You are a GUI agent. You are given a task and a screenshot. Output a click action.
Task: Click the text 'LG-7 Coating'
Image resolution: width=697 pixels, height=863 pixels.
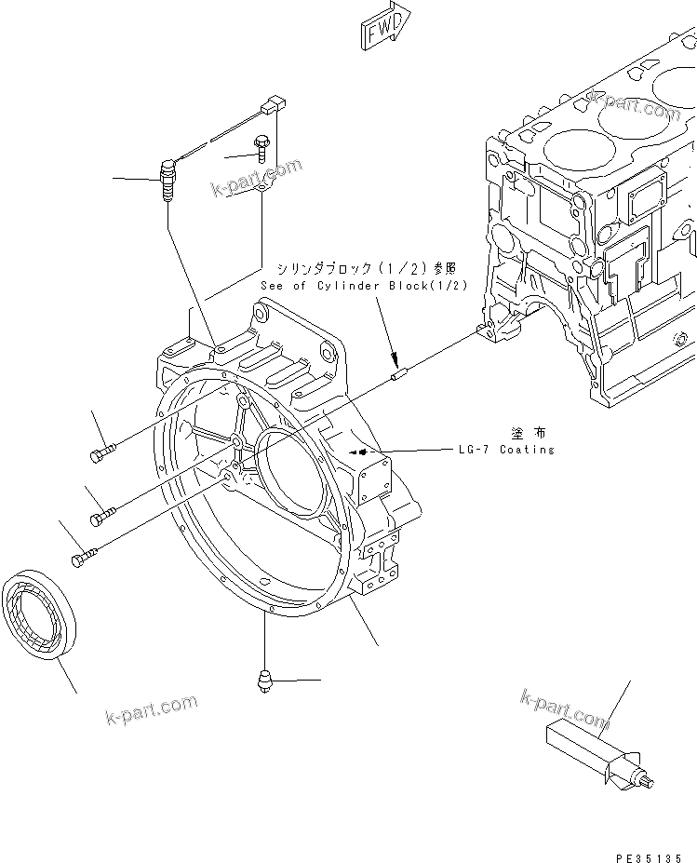pos(505,450)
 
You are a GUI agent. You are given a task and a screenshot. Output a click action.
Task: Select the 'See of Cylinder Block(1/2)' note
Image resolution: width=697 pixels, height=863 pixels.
pos(364,286)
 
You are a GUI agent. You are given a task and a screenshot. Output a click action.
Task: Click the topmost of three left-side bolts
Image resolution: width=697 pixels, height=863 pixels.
pos(102,452)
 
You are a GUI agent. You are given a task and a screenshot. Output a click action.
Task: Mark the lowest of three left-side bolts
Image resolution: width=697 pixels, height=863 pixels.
pos(82,557)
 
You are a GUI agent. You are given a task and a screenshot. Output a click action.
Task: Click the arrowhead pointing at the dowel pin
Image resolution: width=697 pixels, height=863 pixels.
pos(392,359)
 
